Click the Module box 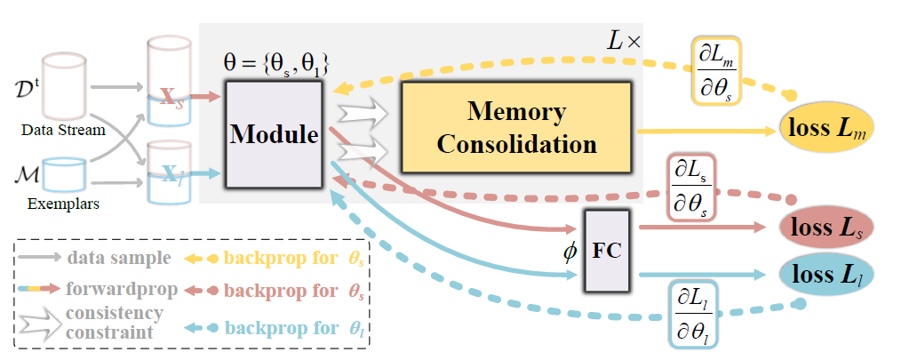(x=275, y=134)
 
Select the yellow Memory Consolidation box (x=517, y=126)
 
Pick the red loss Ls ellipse (x=826, y=228)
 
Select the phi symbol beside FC (x=569, y=252)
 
